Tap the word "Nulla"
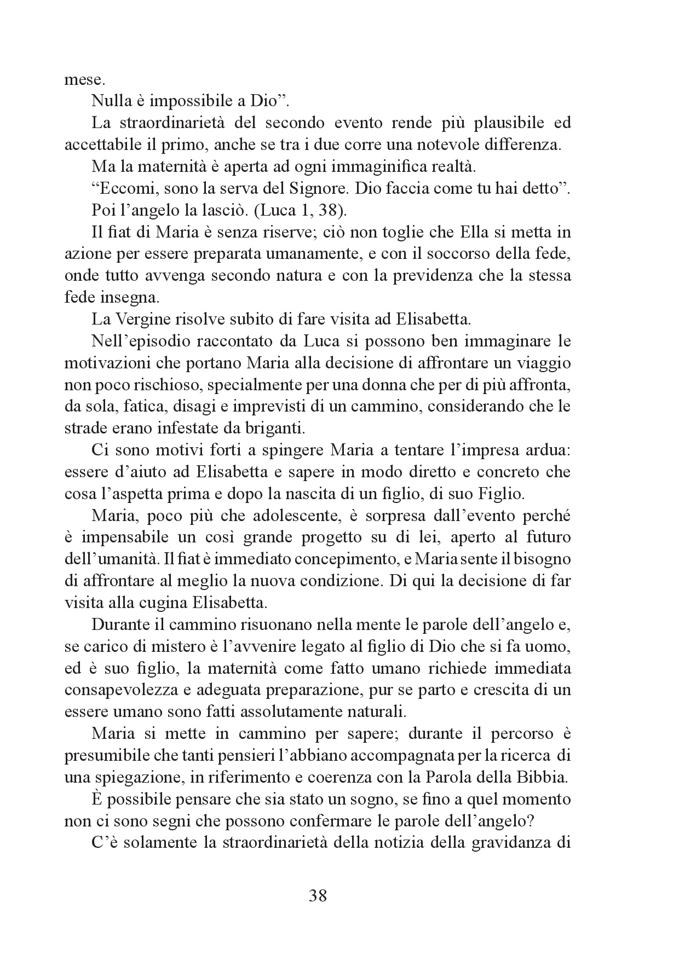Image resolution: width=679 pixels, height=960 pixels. [x=111, y=101]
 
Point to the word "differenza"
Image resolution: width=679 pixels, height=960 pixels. [x=528, y=144]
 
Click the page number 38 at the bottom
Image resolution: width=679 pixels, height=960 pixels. [x=318, y=896]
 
